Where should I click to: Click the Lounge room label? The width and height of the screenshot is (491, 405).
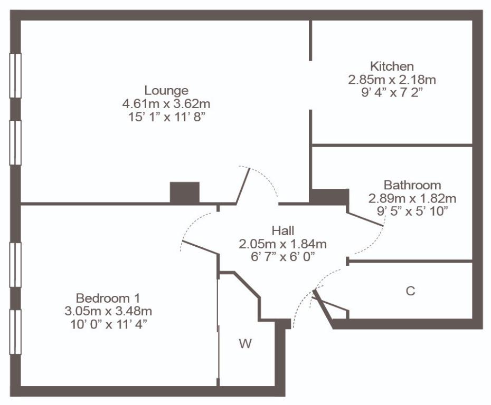(166, 90)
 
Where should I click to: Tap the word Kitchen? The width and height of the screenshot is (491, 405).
(392, 66)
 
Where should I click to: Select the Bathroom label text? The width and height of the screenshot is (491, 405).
(412, 185)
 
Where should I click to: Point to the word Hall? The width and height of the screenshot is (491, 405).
(283, 230)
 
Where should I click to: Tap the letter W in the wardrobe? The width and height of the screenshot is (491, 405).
(245, 344)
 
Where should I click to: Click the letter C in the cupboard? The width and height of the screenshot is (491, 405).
(410, 291)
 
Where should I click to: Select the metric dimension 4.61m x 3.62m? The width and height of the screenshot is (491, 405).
(166, 103)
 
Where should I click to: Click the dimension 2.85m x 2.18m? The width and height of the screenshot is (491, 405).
(392, 80)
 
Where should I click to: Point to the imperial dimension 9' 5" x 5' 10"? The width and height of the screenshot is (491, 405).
(412, 211)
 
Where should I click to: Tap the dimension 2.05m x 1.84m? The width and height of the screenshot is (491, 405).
(283, 244)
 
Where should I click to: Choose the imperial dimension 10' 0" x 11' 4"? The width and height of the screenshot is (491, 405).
(108, 325)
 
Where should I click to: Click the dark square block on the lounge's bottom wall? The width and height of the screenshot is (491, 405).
(185, 192)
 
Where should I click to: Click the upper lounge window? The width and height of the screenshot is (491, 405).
(15, 76)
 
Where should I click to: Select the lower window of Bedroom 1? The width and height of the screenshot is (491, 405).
(15, 332)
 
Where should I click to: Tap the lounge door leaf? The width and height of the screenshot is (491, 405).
(243, 186)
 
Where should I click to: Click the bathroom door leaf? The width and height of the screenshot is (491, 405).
(365, 219)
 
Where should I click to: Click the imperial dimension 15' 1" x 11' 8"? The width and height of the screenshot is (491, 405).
(166, 117)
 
